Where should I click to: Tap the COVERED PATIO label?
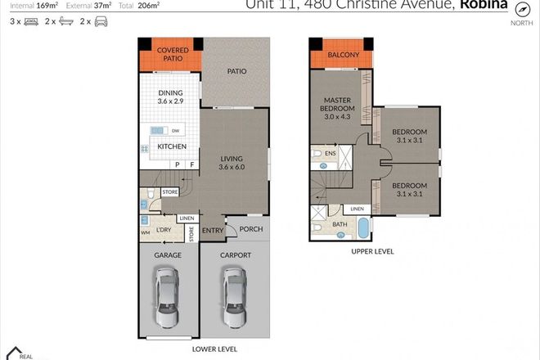coord(173,55)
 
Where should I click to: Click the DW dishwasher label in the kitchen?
coord(176,130)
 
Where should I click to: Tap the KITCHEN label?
coord(172,147)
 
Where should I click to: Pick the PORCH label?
coord(251,229)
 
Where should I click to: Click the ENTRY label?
coord(212,230)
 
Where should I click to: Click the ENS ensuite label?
coord(331,153)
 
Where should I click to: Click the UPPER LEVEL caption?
coord(372,252)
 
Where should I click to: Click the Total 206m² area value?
coord(164,5)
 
